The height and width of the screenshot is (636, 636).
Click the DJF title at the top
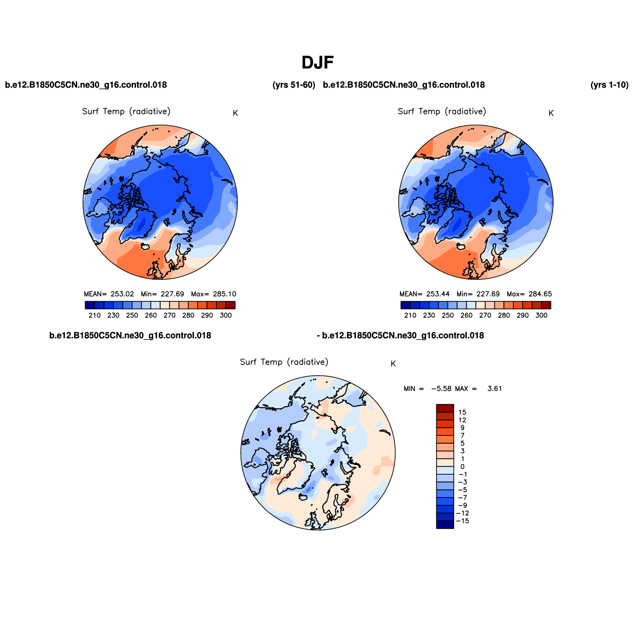[318, 63]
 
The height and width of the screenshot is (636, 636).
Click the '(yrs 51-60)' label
[294, 85]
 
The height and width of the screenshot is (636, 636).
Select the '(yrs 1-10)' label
[609, 85]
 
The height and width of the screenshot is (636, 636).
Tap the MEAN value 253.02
[122, 294]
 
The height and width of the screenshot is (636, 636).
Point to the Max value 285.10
[224, 294]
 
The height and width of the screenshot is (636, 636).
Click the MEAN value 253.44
[438, 294]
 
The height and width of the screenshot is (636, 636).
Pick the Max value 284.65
[540, 294]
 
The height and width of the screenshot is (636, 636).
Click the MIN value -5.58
[441, 389]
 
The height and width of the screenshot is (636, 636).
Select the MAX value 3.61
[495, 389]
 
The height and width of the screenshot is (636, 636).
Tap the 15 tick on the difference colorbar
[462, 412]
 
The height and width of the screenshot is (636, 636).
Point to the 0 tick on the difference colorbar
[462, 467]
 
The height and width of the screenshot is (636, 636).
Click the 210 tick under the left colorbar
[95, 315]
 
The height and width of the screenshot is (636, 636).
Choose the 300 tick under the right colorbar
[541, 315]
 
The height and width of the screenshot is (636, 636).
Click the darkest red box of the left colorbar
[231, 305]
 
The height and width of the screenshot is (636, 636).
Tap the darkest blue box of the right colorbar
[405, 305]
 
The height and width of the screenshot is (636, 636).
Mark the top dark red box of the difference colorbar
[445, 408]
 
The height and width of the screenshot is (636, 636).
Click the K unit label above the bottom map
[393, 364]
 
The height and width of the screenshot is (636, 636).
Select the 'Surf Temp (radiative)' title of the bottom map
[284, 362]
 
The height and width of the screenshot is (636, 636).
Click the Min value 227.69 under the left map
[172, 294]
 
